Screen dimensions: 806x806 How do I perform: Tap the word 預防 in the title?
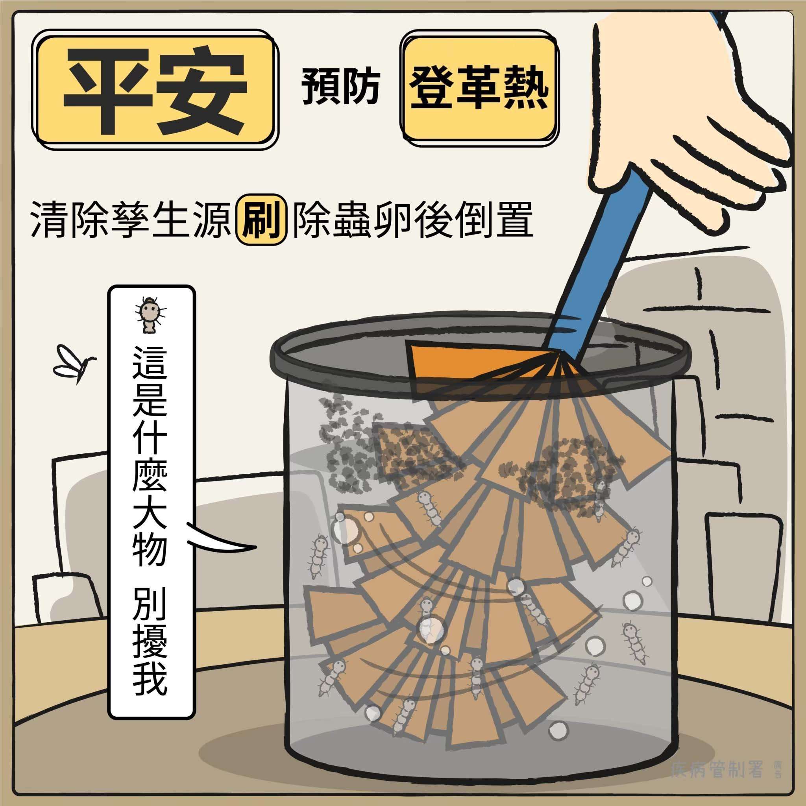[x=340, y=86]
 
